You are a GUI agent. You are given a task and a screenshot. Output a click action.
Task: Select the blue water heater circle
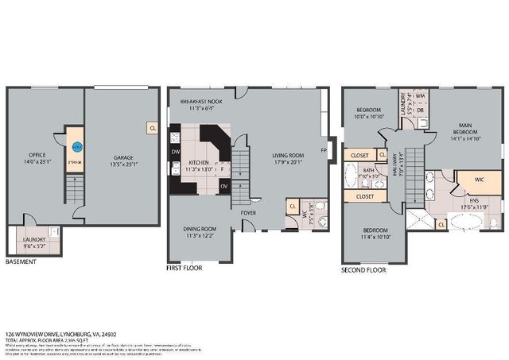(x=78, y=146)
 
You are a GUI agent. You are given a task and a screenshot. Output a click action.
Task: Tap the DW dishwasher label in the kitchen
(x=174, y=150)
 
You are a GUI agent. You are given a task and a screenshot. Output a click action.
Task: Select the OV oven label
(x=223, y=187)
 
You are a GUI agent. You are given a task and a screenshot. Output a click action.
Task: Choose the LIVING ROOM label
(x=289, y=156)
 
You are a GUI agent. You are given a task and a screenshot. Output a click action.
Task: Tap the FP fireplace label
(x=323, y=150)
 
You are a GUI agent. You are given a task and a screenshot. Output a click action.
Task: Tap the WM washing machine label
(x=421, y=95)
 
